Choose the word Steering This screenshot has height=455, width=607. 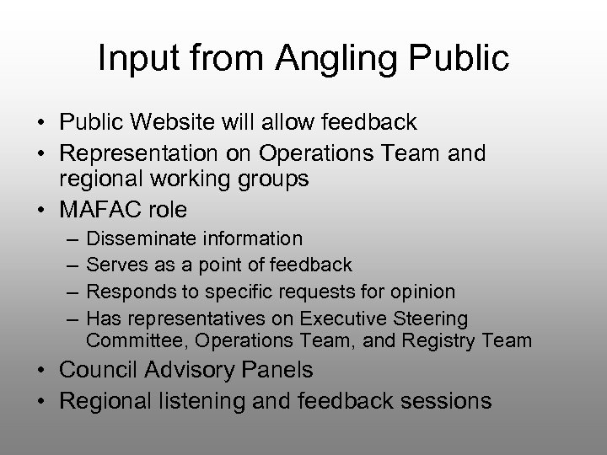[x=430, y=318]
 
